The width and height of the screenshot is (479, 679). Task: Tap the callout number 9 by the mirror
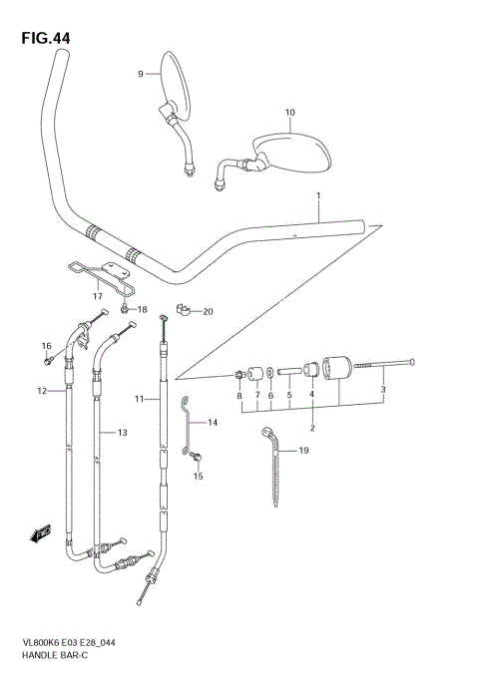click(141, 73)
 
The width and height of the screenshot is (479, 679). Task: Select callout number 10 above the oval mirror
click(289, 113)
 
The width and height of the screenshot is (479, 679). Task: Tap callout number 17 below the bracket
click(98, 296)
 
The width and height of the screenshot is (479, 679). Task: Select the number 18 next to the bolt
click(142, 310)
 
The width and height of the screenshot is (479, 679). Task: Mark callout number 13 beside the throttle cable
click(123, 433)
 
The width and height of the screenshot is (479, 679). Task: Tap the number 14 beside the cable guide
click(213, 423)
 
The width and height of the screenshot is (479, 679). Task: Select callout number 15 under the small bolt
click(198, 477)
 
